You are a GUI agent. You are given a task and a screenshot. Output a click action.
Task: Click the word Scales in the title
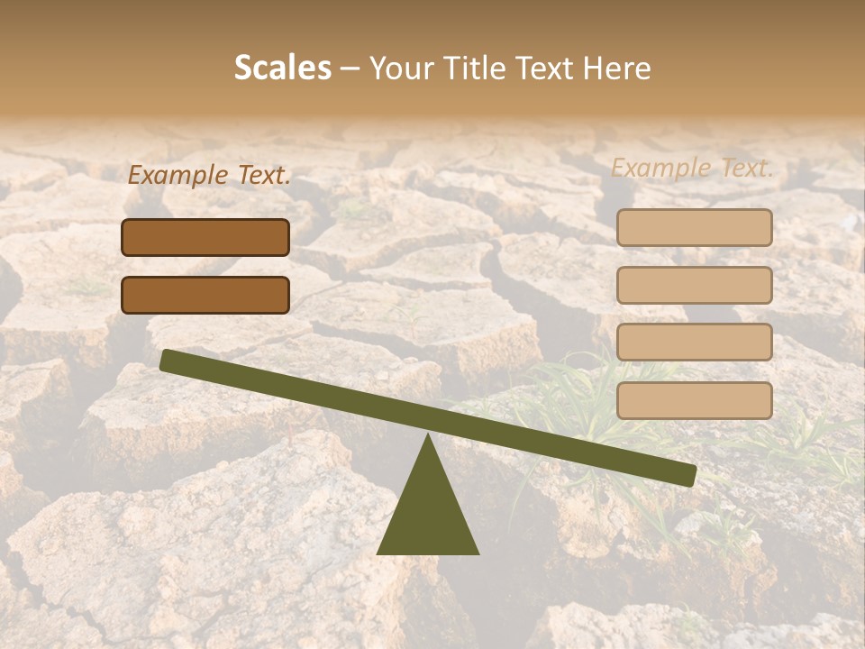pyautogui.click(x=282, y=69)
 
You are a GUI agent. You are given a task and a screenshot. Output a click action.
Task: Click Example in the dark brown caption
pyautogui.click(x=178, y=175)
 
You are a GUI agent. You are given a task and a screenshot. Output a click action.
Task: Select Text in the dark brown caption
pyautogui.click(x=263, y=175)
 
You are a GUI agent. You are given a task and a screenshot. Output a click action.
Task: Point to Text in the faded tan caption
pyautogui.click(x=746, y=168)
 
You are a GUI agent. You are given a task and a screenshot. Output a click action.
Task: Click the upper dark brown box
pyautogui.click(x=205, y=237)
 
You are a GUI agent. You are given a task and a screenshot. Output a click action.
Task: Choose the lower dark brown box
pyautogui.click(x=205, y=295)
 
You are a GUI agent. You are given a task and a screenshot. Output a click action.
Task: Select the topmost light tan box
pyautogui.click(x=694, y=227)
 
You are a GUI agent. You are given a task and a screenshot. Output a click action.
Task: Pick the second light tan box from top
pyautogui.click(x=694, y=285)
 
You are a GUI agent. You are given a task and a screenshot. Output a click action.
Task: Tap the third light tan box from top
pyautogui.click(x=694, y=343)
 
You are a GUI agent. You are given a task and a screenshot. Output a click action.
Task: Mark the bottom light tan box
pyautogui.click(x=694, y=400)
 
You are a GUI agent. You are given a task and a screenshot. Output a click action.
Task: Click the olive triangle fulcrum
pyautogui.click(x=428, y=514)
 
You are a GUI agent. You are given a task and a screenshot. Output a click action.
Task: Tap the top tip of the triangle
pyautogui.click(x=429, y=437)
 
